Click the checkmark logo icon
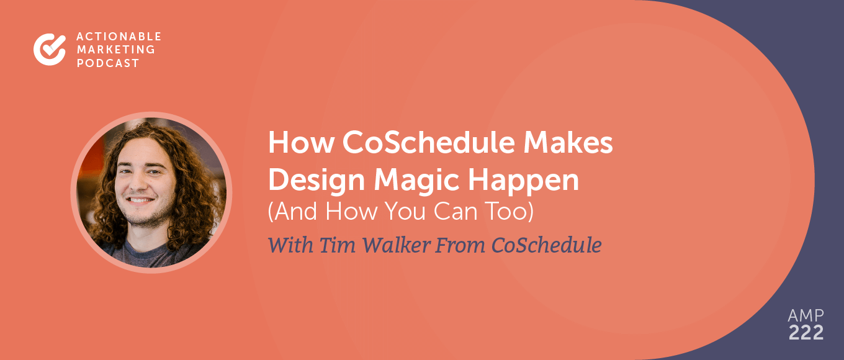[50, 50]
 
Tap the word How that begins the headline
[294, 144]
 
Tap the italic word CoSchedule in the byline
[546, 245]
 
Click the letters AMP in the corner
[806, 315]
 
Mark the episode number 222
[806, 333]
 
